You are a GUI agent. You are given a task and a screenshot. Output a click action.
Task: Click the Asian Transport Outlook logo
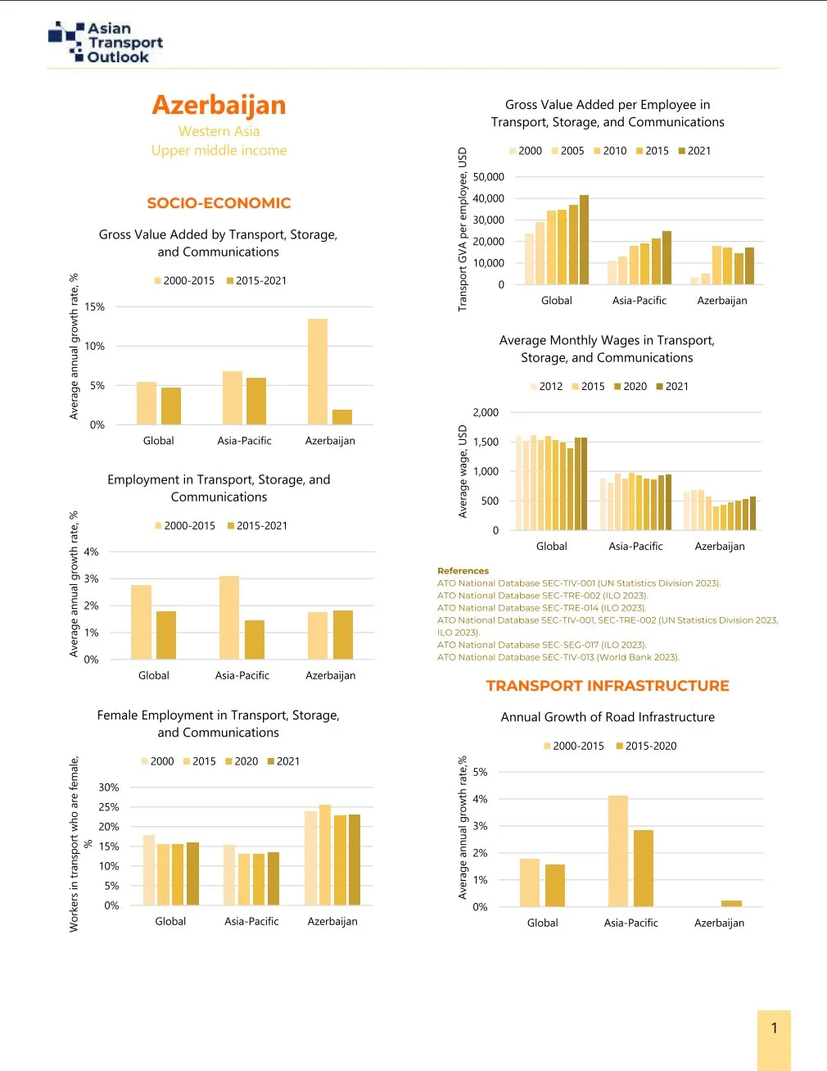[106, 43]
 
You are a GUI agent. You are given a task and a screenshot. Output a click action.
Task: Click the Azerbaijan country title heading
[219, 105]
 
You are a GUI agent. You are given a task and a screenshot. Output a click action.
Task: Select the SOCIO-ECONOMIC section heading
[219, 203]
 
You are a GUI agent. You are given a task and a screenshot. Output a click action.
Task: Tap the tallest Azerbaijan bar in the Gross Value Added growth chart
[318, 371]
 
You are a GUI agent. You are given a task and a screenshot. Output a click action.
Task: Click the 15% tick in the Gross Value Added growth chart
[95, 306]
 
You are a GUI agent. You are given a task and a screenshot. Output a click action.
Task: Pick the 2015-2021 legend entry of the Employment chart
[257, 526]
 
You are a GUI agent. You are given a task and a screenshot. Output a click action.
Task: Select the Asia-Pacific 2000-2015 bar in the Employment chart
[229, 617]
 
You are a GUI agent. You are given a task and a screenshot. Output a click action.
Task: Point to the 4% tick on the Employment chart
[91, 551]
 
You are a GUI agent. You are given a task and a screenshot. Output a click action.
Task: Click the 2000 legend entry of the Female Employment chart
[157, 761]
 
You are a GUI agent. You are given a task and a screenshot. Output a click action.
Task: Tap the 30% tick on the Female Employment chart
[109, 787]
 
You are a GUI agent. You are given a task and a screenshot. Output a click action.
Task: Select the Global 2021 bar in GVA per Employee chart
[584, 239]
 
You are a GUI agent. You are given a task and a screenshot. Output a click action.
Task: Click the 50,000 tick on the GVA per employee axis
[489, 177]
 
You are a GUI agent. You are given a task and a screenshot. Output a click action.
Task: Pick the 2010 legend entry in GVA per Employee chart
[610, 151]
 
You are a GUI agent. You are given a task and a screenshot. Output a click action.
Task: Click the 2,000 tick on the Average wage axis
[486, 412]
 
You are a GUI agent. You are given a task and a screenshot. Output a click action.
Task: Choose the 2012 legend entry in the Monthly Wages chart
[546, 387]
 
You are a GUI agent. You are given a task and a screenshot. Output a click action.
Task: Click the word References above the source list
[463, 571]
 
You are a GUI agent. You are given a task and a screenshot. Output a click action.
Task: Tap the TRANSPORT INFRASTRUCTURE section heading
[608, 686]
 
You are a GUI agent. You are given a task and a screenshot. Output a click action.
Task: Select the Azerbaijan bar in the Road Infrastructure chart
[731, 904]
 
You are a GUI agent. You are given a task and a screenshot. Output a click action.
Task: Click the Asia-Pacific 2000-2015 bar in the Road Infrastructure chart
[618, 851]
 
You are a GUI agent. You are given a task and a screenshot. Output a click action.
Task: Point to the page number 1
[774, 1028]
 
